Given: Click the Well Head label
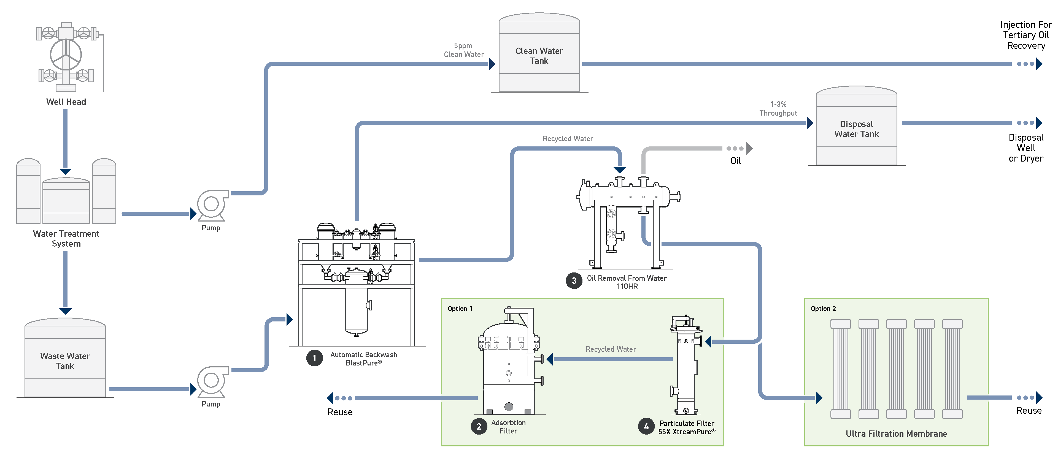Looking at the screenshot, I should point(66,102).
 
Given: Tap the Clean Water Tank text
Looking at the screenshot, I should point(539,56).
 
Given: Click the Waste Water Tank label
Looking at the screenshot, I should point(65,361).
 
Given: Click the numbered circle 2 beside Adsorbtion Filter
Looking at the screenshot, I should point(479,426).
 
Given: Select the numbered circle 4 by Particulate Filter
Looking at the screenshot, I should point(646,426).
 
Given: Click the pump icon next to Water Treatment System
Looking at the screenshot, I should point(212,205).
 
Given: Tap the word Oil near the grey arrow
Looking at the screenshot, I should point(736,161).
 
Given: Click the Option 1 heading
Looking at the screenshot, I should point(460,309).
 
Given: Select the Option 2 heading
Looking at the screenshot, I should point(823,309).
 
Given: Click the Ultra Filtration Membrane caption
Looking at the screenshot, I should point(896,434).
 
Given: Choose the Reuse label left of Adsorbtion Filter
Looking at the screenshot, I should point(340,412).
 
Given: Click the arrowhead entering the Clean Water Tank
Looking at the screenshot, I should point(492,64).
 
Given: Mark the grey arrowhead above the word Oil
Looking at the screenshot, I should point(749,149).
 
